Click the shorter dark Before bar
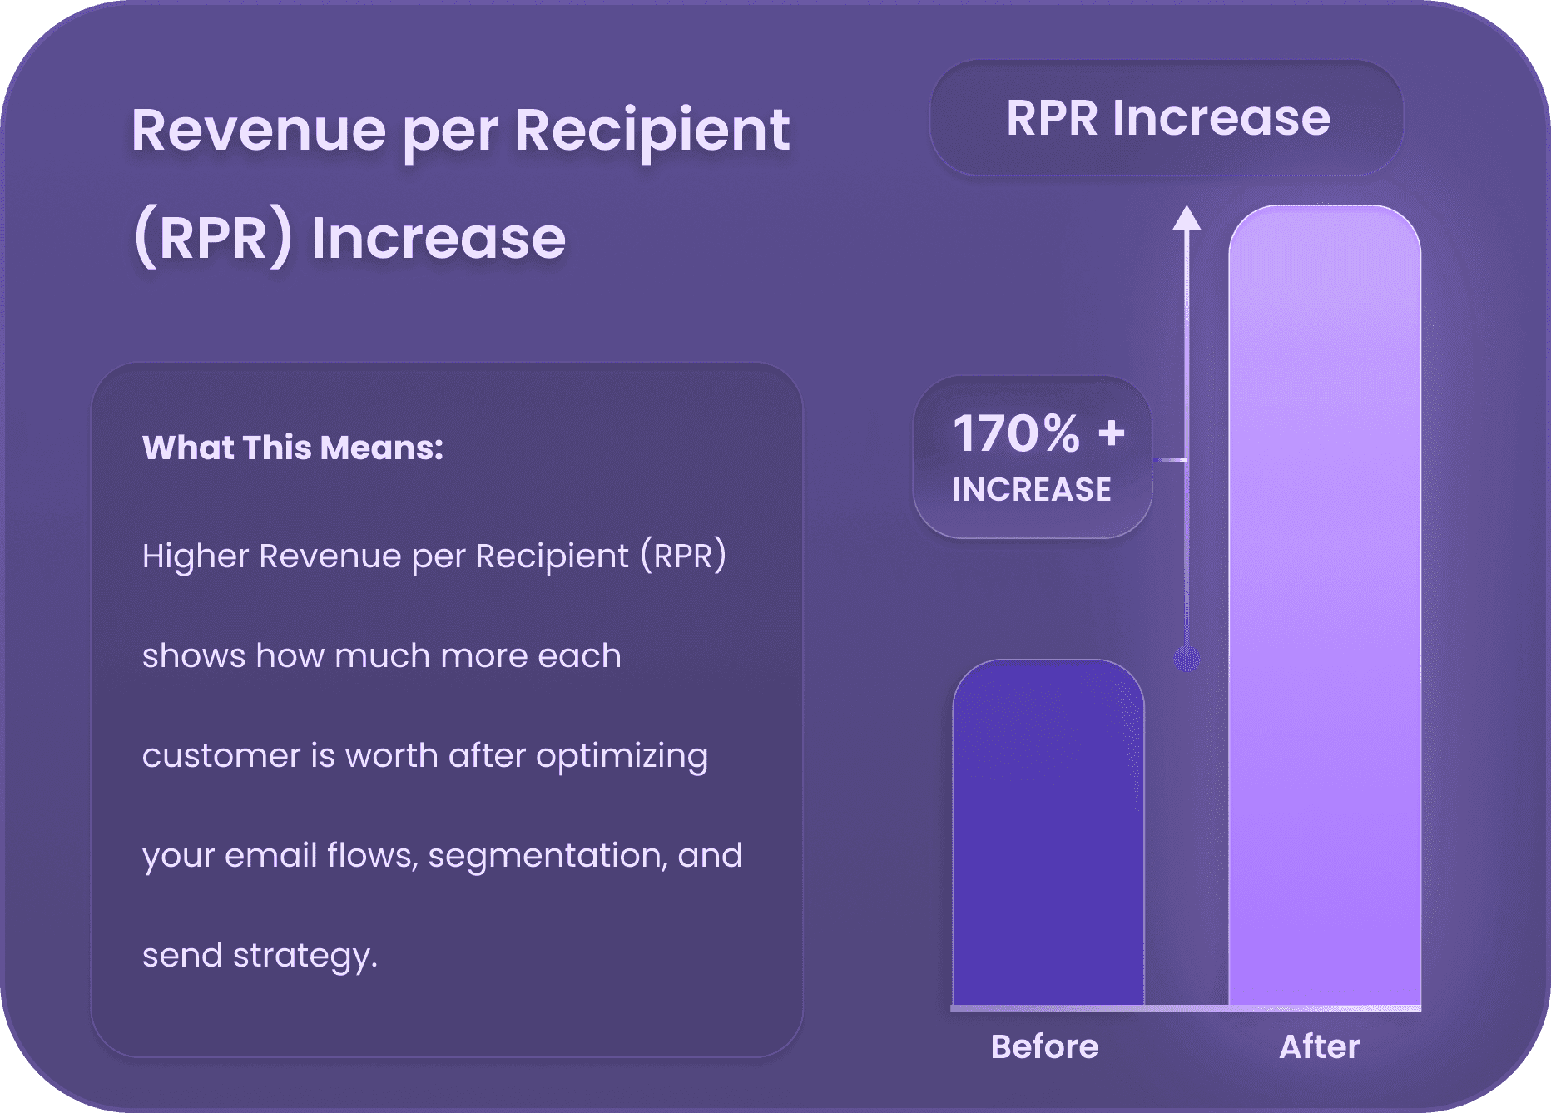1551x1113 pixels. [1048, 833]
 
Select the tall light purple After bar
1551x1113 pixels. [1325, 606]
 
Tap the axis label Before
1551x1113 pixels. [1044, 1046]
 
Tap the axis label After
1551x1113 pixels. [1319, 1046]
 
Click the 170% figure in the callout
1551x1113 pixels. [1016, 433]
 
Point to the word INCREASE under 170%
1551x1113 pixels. [1032, 490]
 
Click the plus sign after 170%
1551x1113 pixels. [1111, 433]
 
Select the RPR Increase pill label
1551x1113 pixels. [1167, 117]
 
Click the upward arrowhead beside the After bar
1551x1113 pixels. [1187, 217]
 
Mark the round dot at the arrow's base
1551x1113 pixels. [1187, 660]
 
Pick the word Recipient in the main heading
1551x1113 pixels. [652, 131]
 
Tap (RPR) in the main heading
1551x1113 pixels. [213, 239]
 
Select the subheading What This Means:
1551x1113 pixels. [293, 448]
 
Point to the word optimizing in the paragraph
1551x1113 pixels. [622, 757]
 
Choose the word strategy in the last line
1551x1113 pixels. [305, 957]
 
